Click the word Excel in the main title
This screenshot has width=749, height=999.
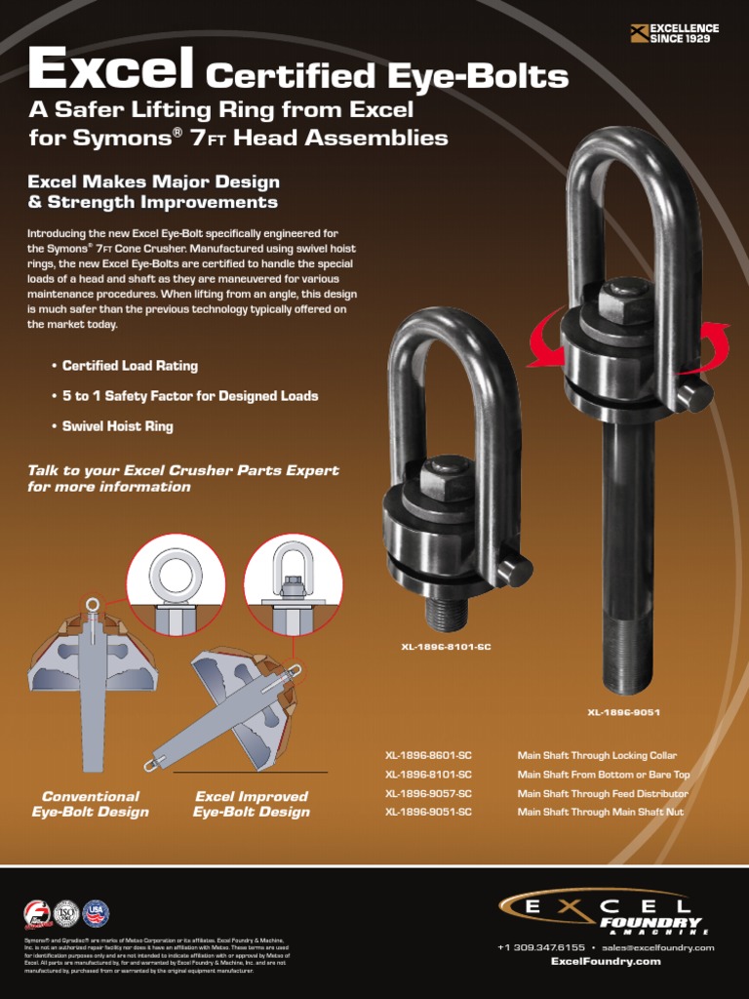pos(110,70)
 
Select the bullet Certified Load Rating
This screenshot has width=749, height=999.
pos(130,366)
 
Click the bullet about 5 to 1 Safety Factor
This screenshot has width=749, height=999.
pos(190,396)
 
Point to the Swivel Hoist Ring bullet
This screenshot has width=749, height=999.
pos(117,426)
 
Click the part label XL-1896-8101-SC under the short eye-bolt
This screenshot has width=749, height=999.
pos(446,647)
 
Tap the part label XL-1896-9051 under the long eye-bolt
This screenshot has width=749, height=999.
pos(623,712)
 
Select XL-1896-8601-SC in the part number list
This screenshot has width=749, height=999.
pos(428,756)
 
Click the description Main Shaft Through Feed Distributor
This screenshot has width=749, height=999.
pos(603,794)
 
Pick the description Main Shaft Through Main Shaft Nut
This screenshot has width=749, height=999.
pos(601,812)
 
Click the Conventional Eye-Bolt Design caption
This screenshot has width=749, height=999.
pos(91,804)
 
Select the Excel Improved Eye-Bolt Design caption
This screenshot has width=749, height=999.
pos(252,804)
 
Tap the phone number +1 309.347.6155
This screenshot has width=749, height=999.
pos(541,947)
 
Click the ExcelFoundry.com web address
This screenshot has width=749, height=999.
pos(606,961)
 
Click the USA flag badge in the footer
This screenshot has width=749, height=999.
pos(96,913)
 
